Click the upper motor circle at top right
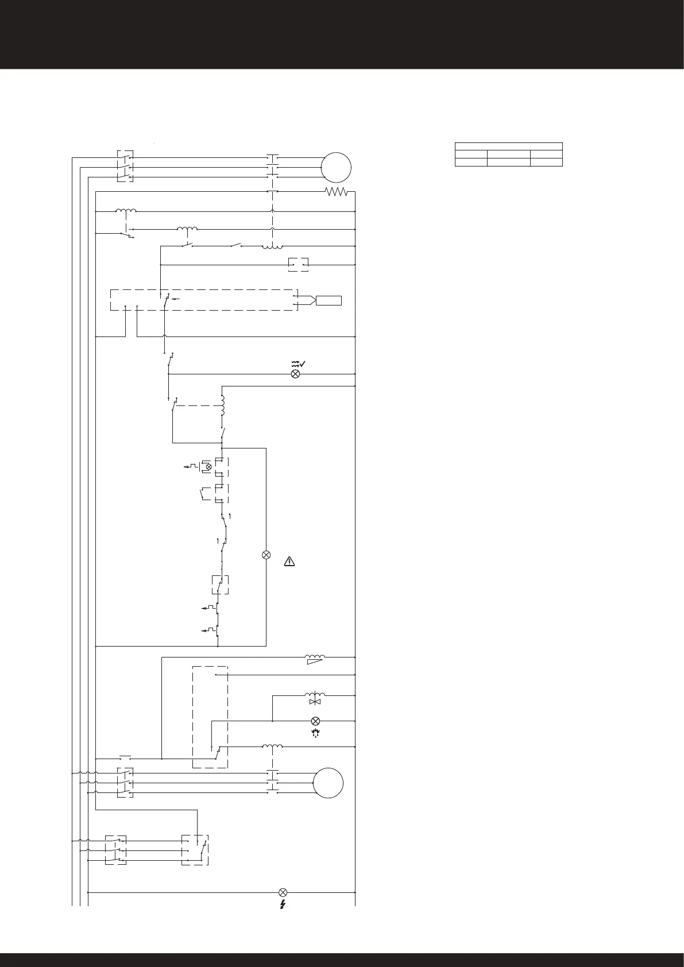pos(336,167)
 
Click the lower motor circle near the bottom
pos(329,782)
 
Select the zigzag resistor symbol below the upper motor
pos(337,192)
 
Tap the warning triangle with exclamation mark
pos(289,562)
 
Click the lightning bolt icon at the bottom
pos(283,905)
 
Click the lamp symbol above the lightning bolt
pos(283,892)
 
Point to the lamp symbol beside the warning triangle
pos(266,555)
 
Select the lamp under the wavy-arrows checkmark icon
pos(296,374)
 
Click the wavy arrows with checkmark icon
pos(298,363)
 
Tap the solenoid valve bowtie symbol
pos(315,702)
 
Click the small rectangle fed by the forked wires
pos(329,300)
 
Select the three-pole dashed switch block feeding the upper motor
pos(125,167)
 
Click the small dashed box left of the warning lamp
pos(220,585)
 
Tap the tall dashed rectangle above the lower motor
pos(210,716)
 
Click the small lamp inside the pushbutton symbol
pos(208,467)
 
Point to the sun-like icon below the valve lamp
pos(315,733)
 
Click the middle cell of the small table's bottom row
pos(508,163)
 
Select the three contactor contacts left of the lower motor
pos(273,782)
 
